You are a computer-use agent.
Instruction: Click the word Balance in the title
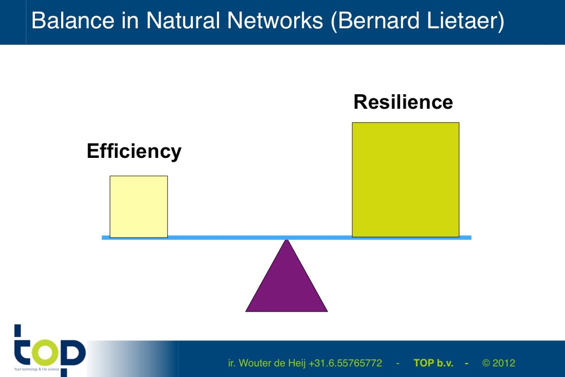coord(73,20)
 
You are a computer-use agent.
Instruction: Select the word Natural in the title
coord(183,20)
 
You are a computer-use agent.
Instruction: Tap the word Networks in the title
coord(275,20)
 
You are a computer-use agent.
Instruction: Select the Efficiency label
coord(134,151)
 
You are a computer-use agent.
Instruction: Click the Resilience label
coord(404,102)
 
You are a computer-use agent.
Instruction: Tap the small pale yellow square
coord(139,206)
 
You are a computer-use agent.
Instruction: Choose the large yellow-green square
coord(405,180)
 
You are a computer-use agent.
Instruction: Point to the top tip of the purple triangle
coord(287,240)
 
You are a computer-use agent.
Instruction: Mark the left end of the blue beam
coord(102,238)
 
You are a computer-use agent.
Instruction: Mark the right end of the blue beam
coord(471,238)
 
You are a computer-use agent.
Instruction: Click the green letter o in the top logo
coord(45,352)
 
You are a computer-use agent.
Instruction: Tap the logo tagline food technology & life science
coord(37,369)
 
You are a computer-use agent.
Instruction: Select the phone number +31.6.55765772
coord(345,363)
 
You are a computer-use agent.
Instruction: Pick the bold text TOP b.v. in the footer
coord(433,363)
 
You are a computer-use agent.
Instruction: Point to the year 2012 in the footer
coord(504,363)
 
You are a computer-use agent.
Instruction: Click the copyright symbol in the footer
coord(486,363)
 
